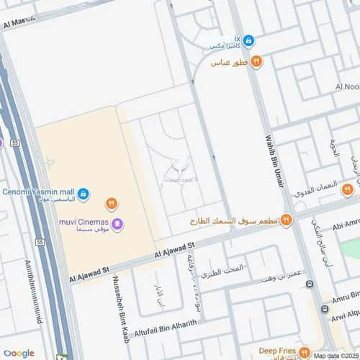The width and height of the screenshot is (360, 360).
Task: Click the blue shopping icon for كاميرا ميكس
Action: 248,40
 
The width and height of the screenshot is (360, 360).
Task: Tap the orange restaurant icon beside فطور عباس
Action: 257,62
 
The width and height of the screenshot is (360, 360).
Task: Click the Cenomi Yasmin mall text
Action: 37,192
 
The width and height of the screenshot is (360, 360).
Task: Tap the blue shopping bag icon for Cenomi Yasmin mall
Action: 84,194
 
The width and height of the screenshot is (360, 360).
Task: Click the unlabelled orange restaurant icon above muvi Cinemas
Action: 111,204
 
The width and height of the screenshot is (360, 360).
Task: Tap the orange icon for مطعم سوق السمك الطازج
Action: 286,220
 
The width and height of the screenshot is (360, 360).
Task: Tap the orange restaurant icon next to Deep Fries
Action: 304,353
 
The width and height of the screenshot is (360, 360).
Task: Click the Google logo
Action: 19,353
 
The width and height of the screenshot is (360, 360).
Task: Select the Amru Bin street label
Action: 343,297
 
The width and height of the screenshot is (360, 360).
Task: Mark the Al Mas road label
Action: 14,23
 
